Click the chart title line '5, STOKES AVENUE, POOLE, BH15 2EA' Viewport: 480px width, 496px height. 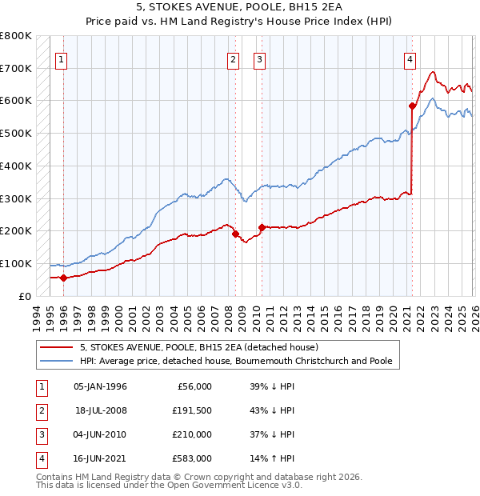[x=239, y=9]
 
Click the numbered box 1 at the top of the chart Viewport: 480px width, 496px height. [x=62, y=58]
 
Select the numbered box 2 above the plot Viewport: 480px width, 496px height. [x=233, y=58]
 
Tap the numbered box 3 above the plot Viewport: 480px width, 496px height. [x=260, y=58]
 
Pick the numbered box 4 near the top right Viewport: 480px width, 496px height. [x=410, y=58]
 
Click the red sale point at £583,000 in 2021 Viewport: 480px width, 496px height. [x=413, y=106]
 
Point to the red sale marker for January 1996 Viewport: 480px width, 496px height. [x=63, y=278]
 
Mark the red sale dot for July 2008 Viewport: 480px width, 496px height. [x=235, y=234]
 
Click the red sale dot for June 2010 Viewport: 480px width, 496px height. [x=262, y=227]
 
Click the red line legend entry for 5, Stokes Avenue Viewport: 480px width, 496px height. [x=199, y=347]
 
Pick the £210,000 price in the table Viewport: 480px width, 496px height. [x=193, y=434]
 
